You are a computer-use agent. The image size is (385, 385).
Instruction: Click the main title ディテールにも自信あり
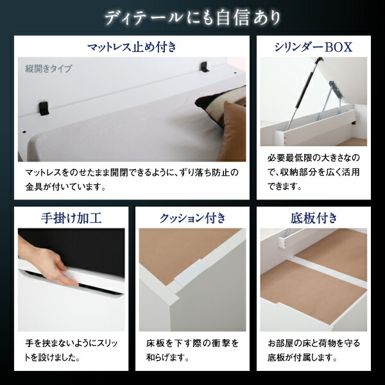(192, 17)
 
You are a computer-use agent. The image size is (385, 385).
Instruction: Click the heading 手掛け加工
(71, 217)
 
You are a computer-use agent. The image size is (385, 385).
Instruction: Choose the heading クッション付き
(193, 217)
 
